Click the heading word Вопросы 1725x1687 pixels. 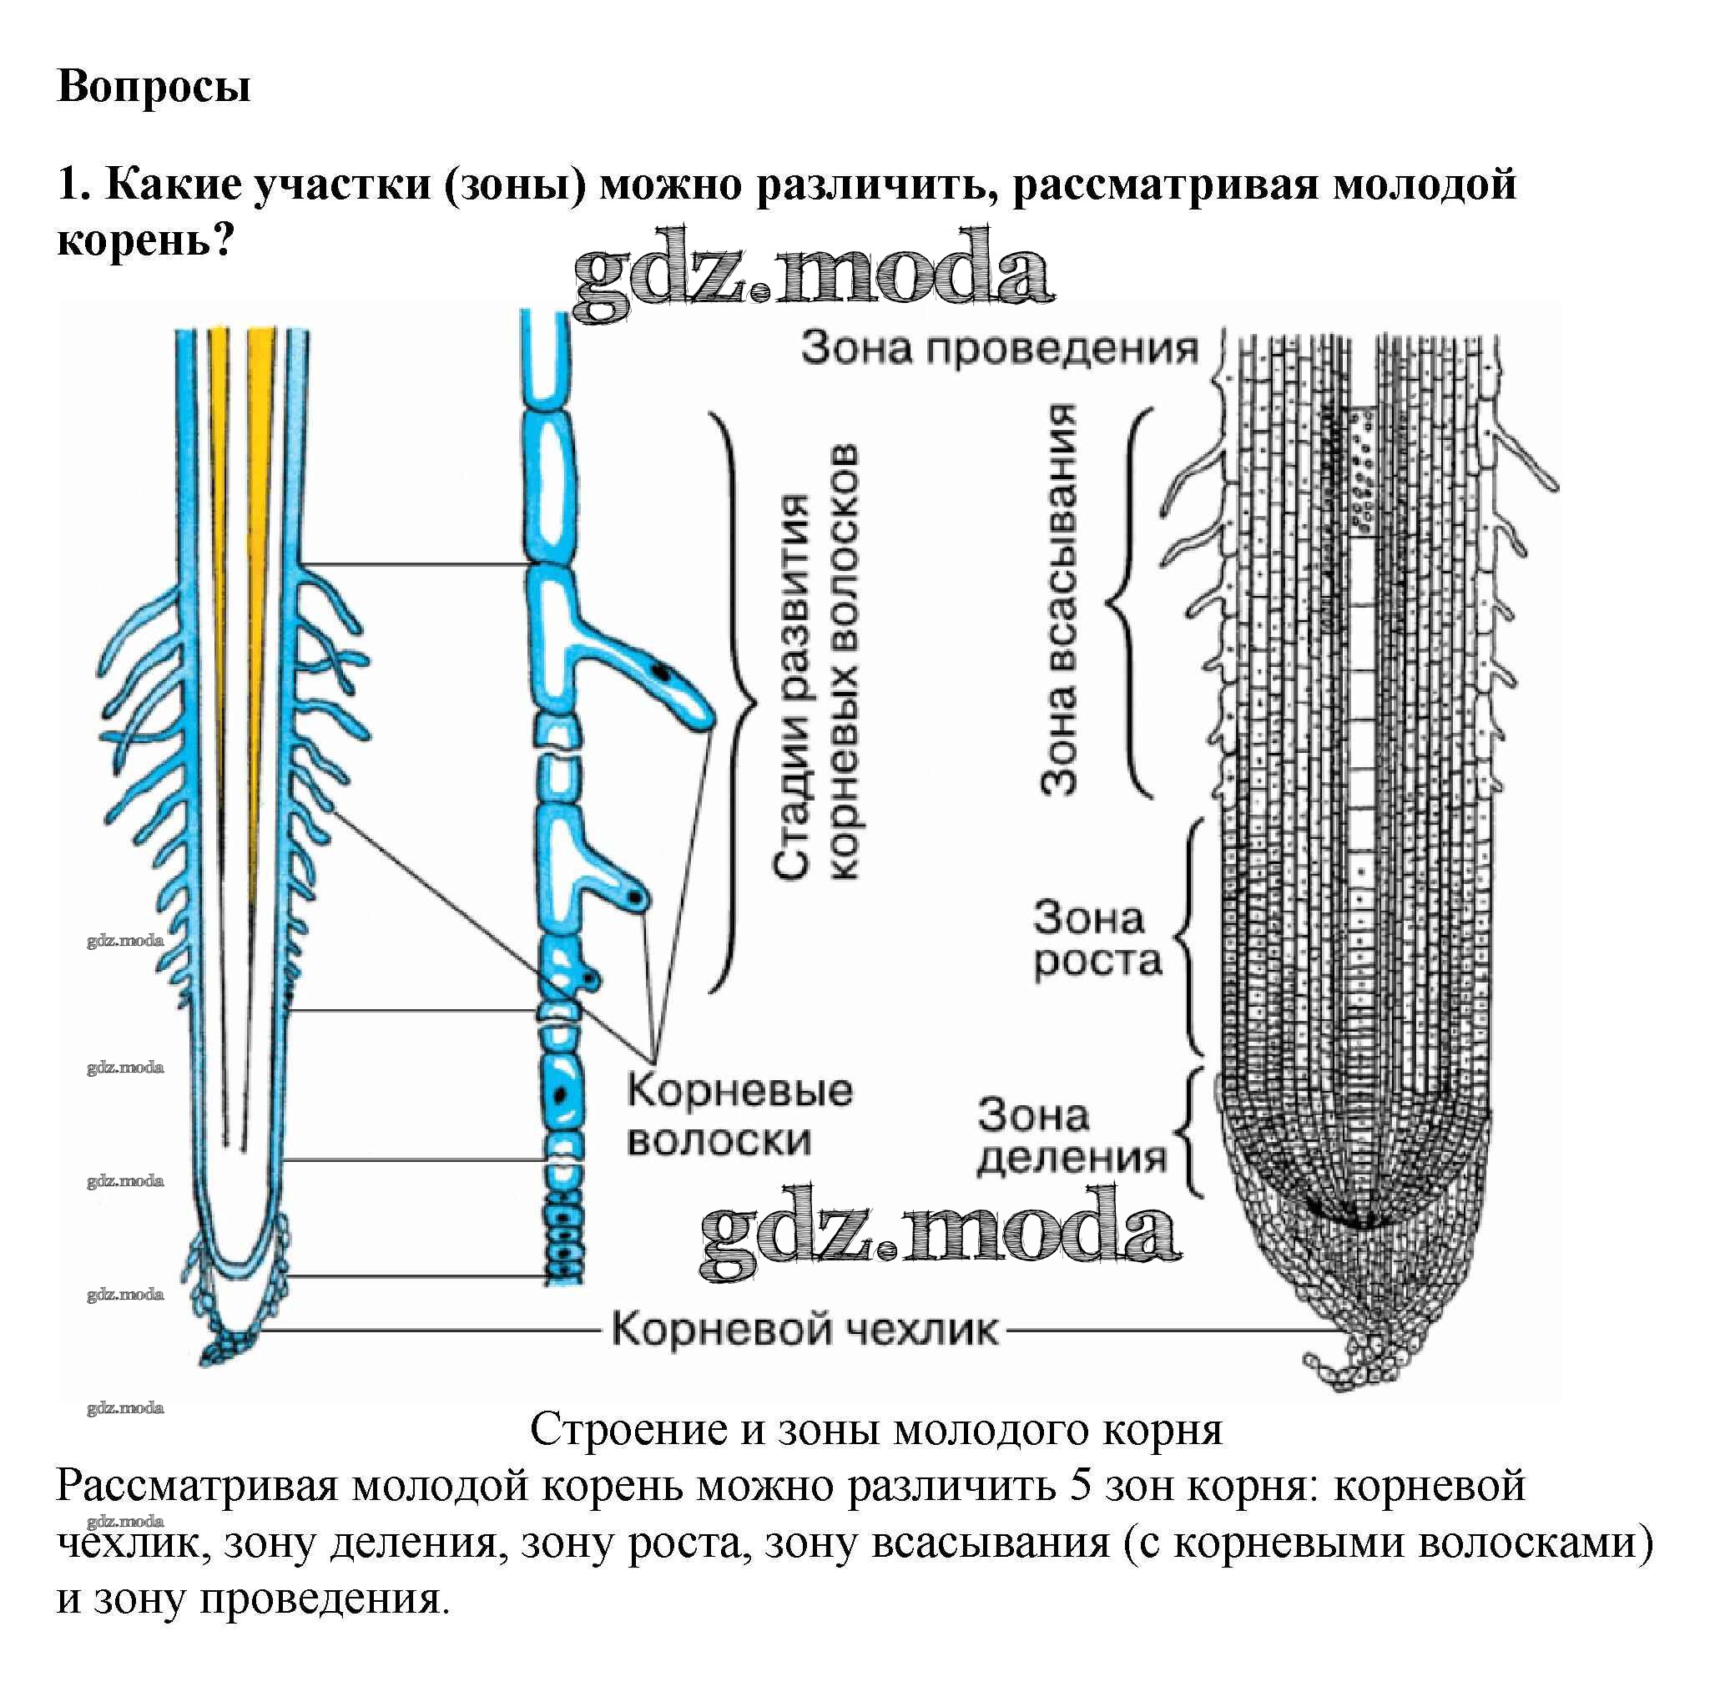pos(154,87)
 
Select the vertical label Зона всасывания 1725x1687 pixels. pos(1060,600)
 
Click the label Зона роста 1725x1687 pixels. pos(1096,939)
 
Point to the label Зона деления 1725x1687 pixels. pos(1070,1136)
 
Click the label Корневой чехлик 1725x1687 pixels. pos(804,1330)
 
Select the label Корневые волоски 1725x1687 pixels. pos(739,1114)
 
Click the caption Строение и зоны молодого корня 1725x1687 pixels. pos(875,1428)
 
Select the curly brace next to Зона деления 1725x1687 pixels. pos(1192,1134)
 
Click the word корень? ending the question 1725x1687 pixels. pos(144,240)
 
